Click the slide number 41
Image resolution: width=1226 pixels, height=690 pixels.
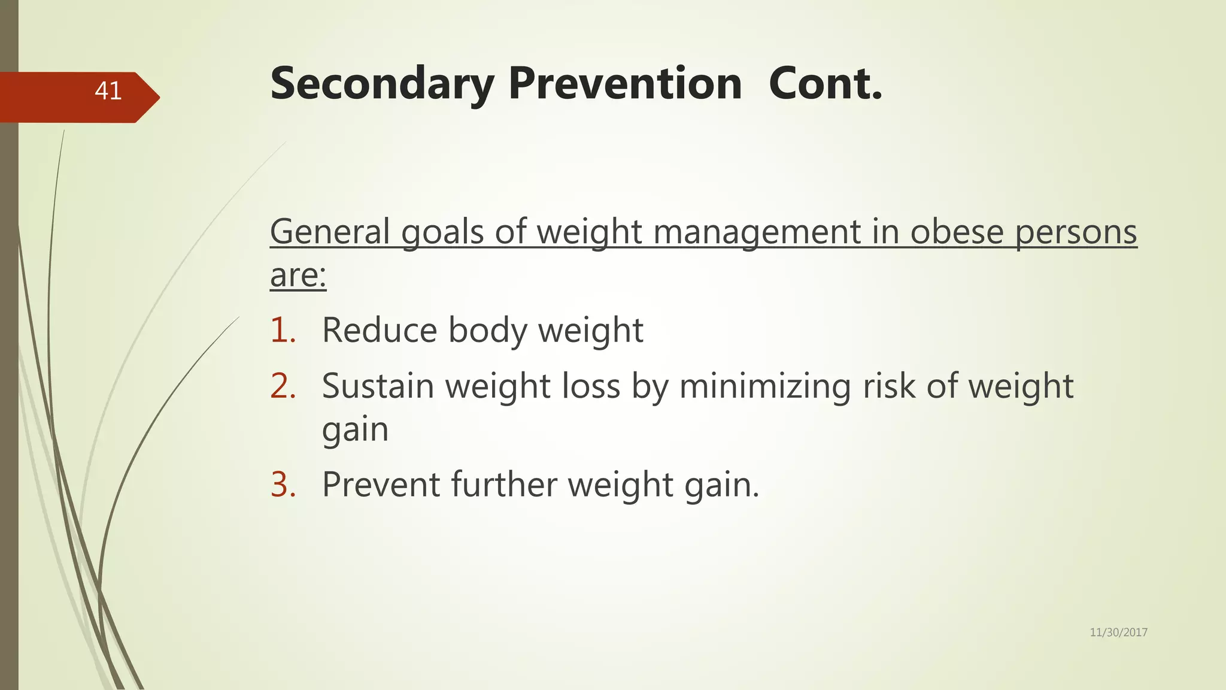[x=108, y=91]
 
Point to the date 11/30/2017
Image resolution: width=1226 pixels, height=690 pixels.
[x=1118, y=632]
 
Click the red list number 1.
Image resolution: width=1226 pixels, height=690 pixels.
[x=283, y=330]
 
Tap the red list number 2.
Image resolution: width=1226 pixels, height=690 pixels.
[x=283, y=386]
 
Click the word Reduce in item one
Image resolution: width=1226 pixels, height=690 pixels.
[x=380, y=330]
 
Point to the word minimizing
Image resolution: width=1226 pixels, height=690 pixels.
[x=764, y=386]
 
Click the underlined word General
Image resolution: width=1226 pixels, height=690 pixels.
[x=330, y=232]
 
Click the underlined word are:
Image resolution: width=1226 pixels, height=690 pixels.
[x=298, y=276]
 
